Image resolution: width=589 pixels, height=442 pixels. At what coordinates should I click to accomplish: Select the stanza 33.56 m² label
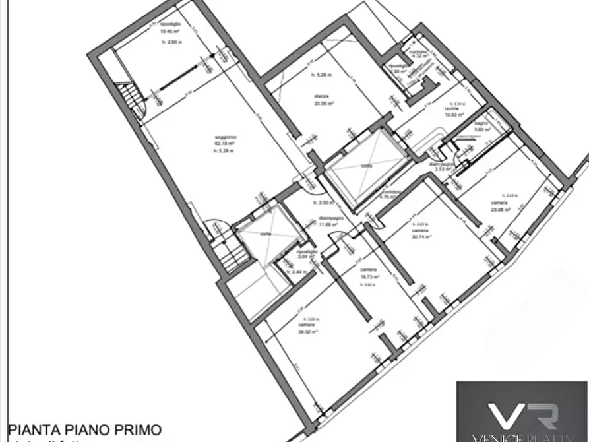point(323,100)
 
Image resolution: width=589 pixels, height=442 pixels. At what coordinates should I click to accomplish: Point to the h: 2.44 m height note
point(294,272)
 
